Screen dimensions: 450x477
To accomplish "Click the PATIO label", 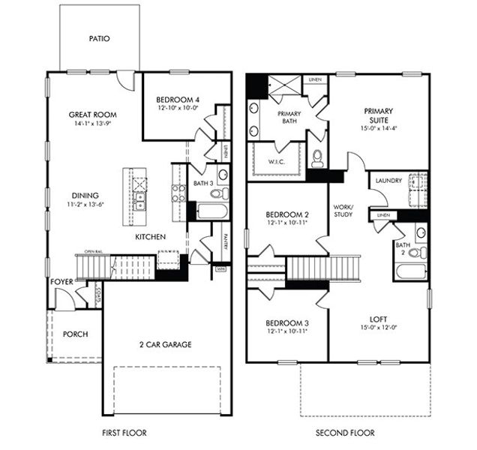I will click(100, 38).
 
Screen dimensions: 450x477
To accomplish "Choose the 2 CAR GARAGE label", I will click(166, 345).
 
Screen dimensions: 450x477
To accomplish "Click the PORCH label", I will click(76, 334).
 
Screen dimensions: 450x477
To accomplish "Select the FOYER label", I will click(62, 282).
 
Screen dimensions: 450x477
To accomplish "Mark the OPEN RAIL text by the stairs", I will click(94, 252).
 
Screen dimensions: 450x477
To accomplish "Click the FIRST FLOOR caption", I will click(124, 433).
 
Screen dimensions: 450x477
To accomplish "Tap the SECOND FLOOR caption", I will click(345, 433).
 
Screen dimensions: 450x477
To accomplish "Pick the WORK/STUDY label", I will click(343, 211).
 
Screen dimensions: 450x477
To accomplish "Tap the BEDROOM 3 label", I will click(286, 323).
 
